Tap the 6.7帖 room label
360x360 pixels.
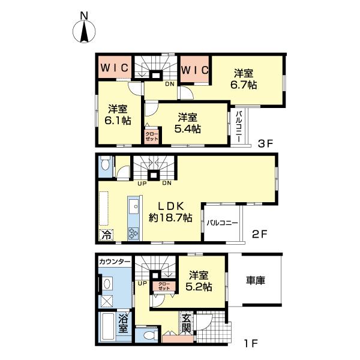point(244,79)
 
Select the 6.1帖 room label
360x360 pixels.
point(118,115)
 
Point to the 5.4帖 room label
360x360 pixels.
point(188,123)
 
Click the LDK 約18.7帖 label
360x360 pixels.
point(170,212)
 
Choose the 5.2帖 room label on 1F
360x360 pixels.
point(199,281)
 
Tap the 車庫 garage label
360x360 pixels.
point(256,280)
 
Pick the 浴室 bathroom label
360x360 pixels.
point(123,323)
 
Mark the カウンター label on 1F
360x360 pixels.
point(115,262)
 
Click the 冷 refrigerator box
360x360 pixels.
point(106,235)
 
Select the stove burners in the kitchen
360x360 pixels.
point(133,233)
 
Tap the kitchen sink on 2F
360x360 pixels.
point(133,206)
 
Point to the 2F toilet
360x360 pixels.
point(106,163)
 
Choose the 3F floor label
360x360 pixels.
point(265,144)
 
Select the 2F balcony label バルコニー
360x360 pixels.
point(222,223)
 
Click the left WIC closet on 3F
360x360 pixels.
point(115,67)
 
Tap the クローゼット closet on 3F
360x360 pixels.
point(152,137)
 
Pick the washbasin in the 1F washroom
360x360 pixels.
point(107,284)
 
